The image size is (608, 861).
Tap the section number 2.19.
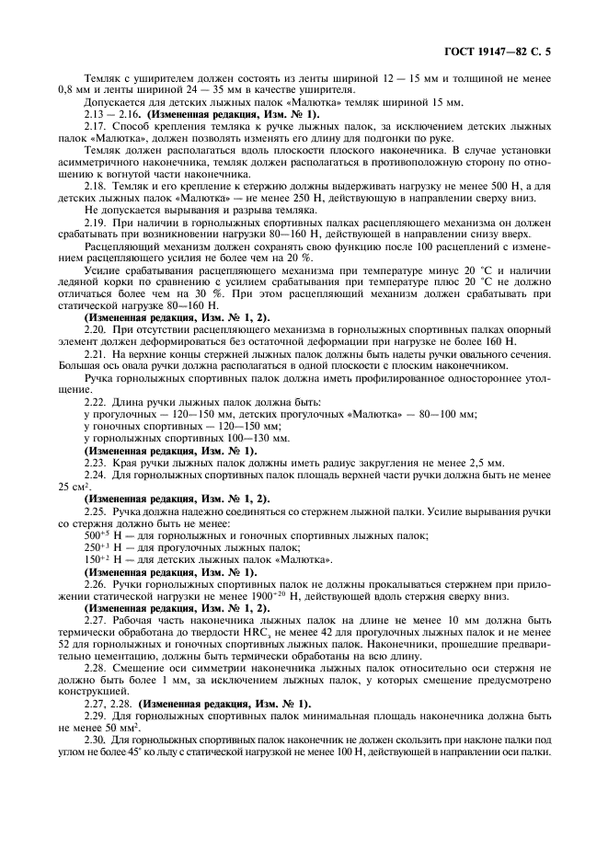(x=97, y=222)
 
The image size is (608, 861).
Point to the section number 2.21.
(x=97, y=354)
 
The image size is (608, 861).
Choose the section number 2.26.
(x=97, y=583)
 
